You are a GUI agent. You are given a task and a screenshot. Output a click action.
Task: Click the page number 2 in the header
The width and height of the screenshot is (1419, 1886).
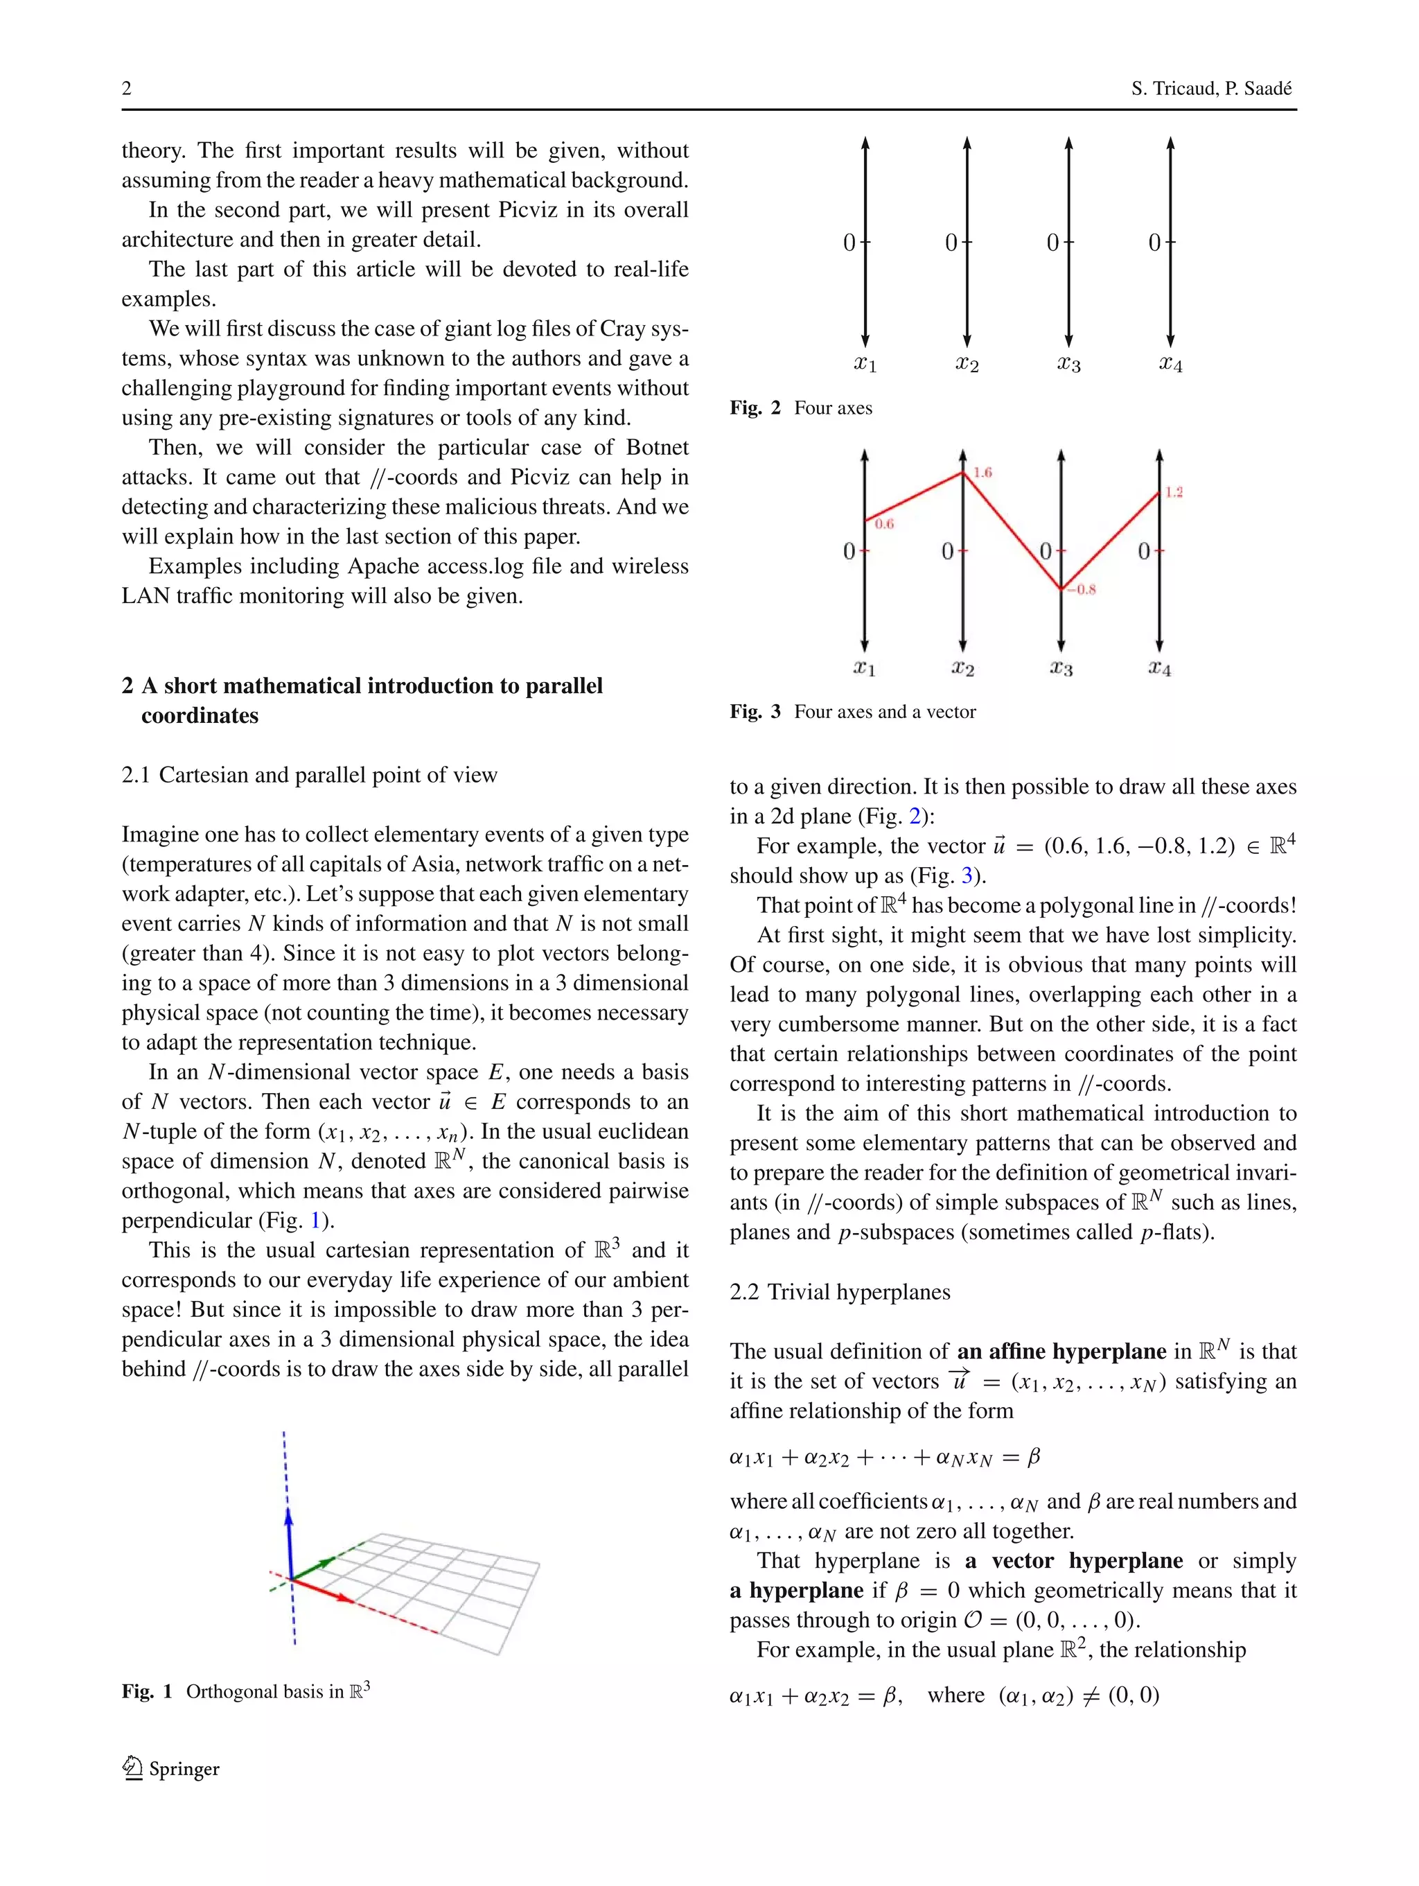[x=126, y=89]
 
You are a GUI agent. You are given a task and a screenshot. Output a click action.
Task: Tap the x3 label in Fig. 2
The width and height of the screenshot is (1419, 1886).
[x=1068, y=364]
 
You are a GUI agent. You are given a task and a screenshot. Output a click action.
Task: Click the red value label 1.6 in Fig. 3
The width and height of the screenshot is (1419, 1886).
[x=982, y=472]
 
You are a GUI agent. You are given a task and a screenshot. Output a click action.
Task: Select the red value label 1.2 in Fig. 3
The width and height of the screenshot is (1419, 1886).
[x=1174, y=492]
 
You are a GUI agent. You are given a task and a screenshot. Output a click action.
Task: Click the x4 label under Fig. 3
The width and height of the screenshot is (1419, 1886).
[x=1159, y=667]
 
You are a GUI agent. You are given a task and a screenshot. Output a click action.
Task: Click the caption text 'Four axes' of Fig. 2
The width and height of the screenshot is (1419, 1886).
[x=833, y=408]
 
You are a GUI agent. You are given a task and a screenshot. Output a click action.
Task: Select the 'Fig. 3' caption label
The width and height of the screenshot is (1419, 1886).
[x=755, y=712]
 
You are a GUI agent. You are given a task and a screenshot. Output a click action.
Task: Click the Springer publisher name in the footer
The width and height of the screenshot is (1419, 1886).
[x=184, y=1769]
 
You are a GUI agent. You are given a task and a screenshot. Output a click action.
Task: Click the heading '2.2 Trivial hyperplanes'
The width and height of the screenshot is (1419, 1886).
[x=840, y=1292]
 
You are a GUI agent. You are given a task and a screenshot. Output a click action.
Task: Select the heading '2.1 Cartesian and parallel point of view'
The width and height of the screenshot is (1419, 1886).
[x=310, y=775]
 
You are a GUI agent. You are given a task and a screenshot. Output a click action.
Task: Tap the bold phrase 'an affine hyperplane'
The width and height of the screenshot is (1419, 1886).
[x=1061, y=1352]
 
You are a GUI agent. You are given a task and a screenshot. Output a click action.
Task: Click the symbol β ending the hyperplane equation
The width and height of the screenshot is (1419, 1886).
[x=1033, y=1457]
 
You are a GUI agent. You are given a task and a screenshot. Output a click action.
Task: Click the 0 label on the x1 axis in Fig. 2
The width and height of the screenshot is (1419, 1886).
[x=849, y=243]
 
